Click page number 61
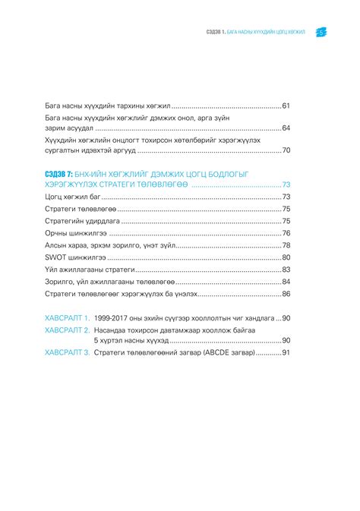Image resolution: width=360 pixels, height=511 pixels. [286, 106]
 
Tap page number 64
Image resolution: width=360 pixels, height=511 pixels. [286, 129]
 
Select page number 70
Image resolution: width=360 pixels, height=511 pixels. [286, 151]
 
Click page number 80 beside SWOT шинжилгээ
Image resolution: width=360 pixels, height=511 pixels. [286, 257]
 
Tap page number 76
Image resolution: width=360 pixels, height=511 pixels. [286, 233]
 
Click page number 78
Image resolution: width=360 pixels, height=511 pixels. [286, 245]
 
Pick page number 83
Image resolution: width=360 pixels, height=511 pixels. [286, 269]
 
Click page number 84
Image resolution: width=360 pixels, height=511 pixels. [286, 281]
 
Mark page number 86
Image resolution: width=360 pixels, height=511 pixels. [286, 293]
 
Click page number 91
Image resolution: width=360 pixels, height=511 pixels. [286, 353]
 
